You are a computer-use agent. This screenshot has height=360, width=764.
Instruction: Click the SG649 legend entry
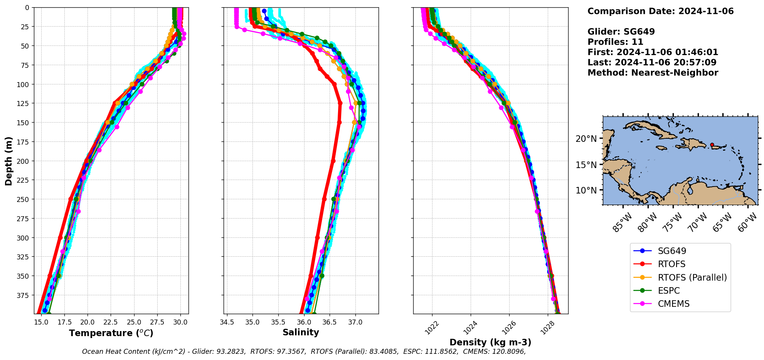click(672, 251)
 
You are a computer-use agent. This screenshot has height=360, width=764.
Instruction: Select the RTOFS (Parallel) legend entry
click(692, 278)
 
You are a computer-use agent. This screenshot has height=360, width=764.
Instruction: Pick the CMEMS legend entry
click(673, 304)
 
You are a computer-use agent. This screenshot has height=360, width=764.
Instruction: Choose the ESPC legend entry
click(669, 291)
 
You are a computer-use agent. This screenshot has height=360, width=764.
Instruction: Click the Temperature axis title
click(111, 333)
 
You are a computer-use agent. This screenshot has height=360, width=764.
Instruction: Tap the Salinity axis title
click(301, 333)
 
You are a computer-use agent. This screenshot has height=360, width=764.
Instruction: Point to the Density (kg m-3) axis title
click(490, 342)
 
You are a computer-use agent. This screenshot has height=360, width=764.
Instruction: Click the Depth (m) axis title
click(9, 161)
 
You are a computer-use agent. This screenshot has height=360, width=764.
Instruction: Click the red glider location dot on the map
click(712, 145)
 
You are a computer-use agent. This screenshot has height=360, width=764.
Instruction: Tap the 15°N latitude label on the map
click(586, 165)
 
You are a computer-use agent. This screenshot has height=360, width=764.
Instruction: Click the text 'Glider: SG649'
click(621, 32)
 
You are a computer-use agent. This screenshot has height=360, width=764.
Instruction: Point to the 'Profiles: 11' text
click(615, 42)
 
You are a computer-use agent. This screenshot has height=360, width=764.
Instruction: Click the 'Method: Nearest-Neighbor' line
click(653, 73)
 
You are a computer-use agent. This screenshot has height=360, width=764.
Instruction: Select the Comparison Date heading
click(660, 11)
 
